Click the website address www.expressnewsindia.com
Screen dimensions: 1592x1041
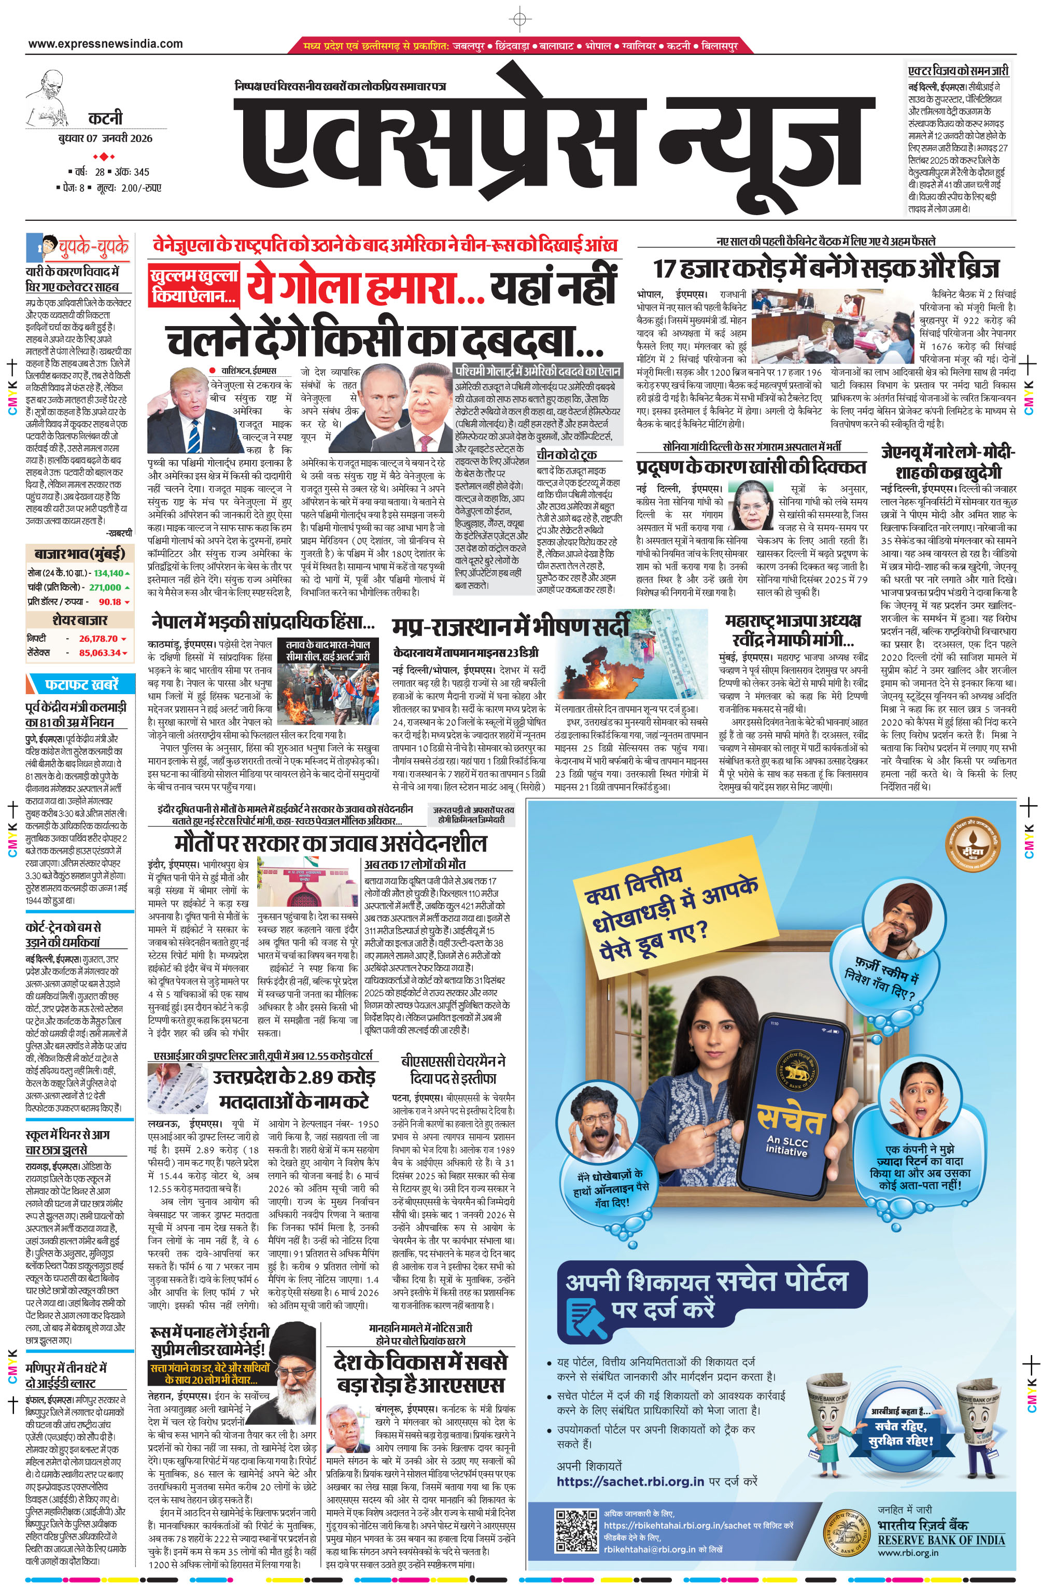[x=105, y=44]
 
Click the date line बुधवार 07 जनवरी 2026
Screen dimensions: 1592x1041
[x=105, y=138]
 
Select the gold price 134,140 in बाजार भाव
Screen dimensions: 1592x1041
[x=108, y=573]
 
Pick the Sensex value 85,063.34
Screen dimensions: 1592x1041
[x=100, y=653]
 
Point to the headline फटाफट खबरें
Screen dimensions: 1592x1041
[x=81, y=684]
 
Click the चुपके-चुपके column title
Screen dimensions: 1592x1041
[x=93, y=247]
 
